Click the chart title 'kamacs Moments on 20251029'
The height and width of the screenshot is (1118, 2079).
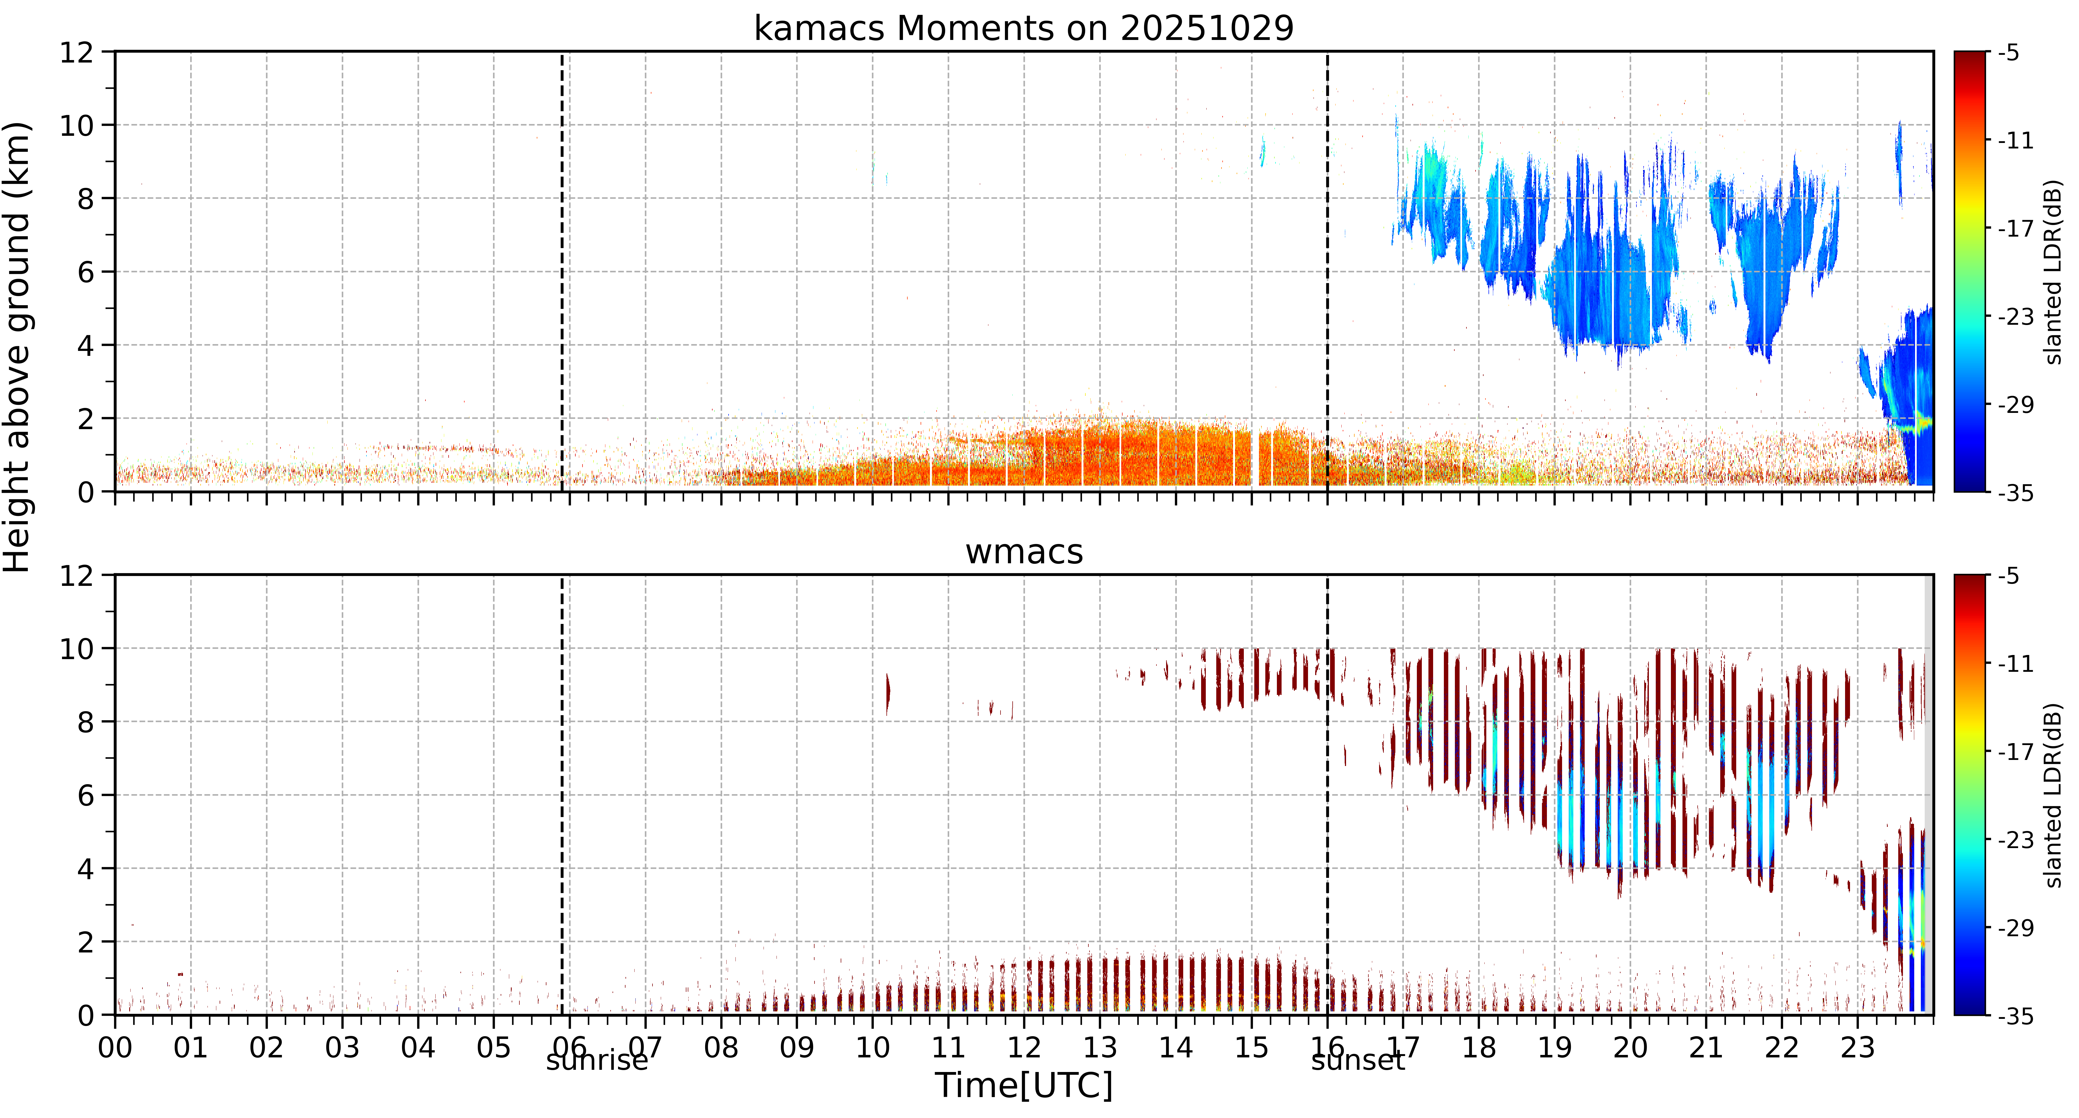pyautogui.click(x=1023, y=28)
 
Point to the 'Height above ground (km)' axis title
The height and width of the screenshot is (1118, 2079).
pyautogui.click(x=16, y=347)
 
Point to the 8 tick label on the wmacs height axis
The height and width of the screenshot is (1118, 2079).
pyautogui.click(x=85, y=722)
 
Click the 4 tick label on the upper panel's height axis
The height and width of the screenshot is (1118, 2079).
pyautogui.click(x=85, y=345)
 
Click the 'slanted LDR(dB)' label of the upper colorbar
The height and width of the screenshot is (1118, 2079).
pyautogui.click(x=2054, y=272)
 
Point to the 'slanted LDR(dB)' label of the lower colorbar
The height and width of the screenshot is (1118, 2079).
pyautogui.click(x=2054, y=795)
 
